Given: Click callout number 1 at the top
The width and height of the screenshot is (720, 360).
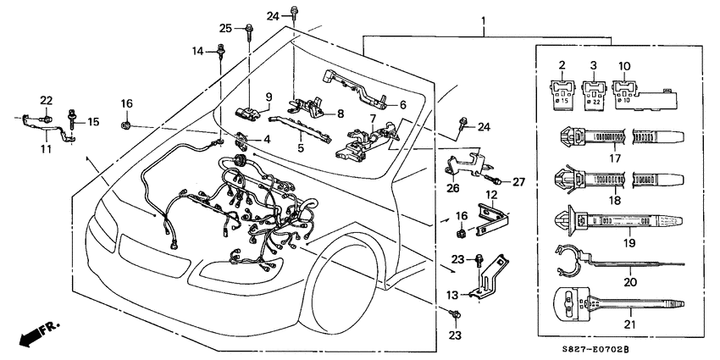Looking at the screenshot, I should pyautogui.click(x=484, y=19).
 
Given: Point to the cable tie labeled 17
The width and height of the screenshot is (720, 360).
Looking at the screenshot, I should pyautogui.click(x=618, y=136).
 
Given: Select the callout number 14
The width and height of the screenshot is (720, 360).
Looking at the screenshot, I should pyautogui.click(x=198, y=51).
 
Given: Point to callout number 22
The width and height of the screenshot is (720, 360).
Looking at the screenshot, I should pyautogui.click(x=46, y=100).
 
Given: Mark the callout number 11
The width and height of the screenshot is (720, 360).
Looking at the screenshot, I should pyautogui.click(x=46, y=149).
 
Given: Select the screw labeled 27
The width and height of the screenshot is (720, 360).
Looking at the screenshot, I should pyautogui.click(x=494, y=180).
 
